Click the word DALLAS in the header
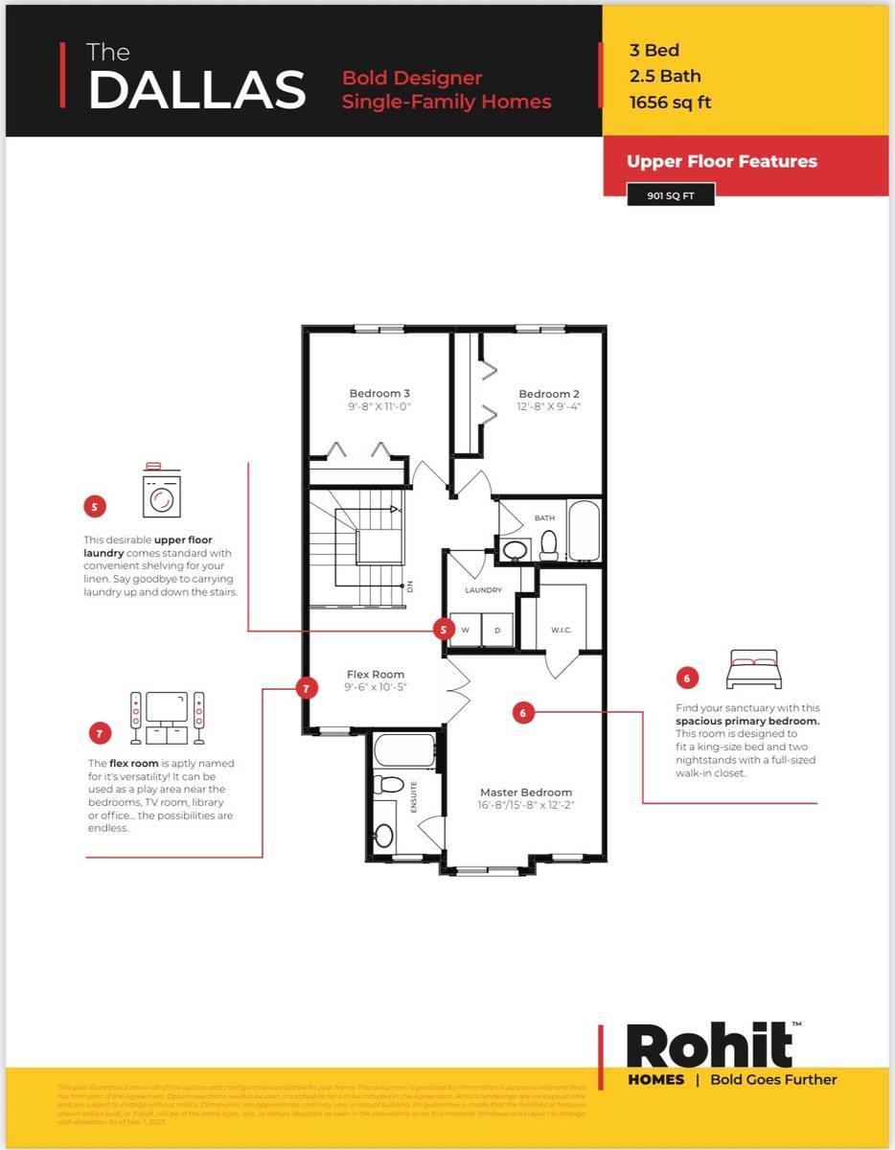pos(196,89)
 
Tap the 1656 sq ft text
pos(670,103)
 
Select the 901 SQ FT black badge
pos(671,195)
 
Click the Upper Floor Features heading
pos(722,161)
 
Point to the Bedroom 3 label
pos(379,393)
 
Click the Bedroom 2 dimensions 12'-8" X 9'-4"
pos(549,406)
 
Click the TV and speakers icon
pos(168,718)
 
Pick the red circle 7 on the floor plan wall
pos(306,688)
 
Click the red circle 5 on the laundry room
pos(443,629)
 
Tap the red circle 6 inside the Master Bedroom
pos(523,712)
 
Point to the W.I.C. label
pos(562,630)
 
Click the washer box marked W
pos(466,630)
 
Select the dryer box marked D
pos(497,630)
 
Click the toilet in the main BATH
pos(549,545)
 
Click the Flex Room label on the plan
pos(376,674)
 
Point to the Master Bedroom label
pos(526,792)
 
